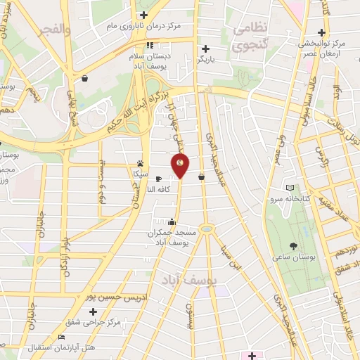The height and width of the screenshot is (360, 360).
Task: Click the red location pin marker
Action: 181,165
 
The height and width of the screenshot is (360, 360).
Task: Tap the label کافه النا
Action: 162,189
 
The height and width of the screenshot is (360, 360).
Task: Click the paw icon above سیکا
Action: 141,161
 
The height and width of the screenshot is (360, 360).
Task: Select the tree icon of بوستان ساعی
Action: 293,245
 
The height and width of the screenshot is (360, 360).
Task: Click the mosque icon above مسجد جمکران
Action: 172,222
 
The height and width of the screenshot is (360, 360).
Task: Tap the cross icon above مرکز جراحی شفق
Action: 94,311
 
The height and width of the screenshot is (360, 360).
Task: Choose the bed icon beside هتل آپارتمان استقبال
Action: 61,337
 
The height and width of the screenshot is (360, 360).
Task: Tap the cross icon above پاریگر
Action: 205,49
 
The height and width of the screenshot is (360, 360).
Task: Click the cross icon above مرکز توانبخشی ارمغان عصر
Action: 321,32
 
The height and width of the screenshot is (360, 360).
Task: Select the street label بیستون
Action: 188,316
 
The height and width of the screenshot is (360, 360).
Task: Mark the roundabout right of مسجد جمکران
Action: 205,229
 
